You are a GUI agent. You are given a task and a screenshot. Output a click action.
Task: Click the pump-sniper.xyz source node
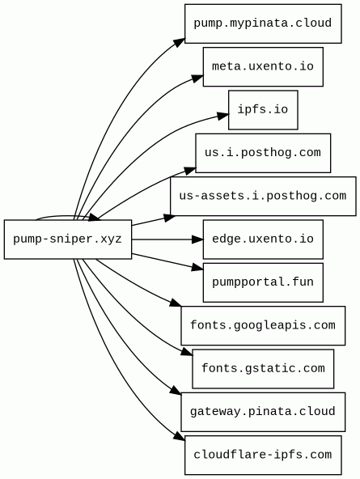pyautogui.click(x=68, y=239)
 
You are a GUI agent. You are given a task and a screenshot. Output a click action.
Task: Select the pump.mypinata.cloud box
pyautogui.click(x=263, y=23)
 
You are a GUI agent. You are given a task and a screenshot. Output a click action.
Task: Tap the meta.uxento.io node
pyautogui.click(x=263, y=66)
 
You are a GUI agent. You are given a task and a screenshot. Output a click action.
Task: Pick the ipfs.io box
pyautogui.click(x=263, y=110)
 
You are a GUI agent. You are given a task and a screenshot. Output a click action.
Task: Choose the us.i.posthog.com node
pyautogui.click(x=263, y=153)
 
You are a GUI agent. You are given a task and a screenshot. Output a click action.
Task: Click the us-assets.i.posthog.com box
pyautogui.click(x=263, y=196)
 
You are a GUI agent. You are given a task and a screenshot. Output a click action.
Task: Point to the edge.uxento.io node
pyautogui.click(x=263, y=239)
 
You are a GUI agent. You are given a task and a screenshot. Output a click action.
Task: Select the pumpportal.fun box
pyautogui.click(x=263, y=282)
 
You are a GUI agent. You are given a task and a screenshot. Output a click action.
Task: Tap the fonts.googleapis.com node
pyautogui.click(x=263, y=325)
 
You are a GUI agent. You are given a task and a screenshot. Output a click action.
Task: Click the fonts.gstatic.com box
pyautogui.click(x=263, y=369)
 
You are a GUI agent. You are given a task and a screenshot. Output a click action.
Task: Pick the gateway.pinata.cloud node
pyautogui.click(x=263, y=412)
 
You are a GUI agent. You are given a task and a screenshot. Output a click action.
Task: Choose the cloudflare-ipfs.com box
pyautogui.click(x=263, y=456)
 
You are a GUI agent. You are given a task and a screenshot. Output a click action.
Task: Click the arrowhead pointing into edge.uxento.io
pyautogui.click(x=197, y=239)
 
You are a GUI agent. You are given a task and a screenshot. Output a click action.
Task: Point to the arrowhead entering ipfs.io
pyautogui.click(x=223, y=116)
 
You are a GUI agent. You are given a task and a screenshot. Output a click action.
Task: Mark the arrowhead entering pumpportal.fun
pyautogui.click(x=197, y=268)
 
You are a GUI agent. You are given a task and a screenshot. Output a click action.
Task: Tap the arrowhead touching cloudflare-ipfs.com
pyautogui.click(x=180, y=436)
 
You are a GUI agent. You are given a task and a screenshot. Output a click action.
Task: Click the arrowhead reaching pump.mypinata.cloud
pyautogui.click(x=180, y=43)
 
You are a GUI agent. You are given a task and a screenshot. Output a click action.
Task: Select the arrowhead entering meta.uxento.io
pyautogui.click(x=198, y=78)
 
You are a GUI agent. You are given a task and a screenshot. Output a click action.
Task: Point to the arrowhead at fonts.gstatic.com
pyautogui.click(x=187, y=352)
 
